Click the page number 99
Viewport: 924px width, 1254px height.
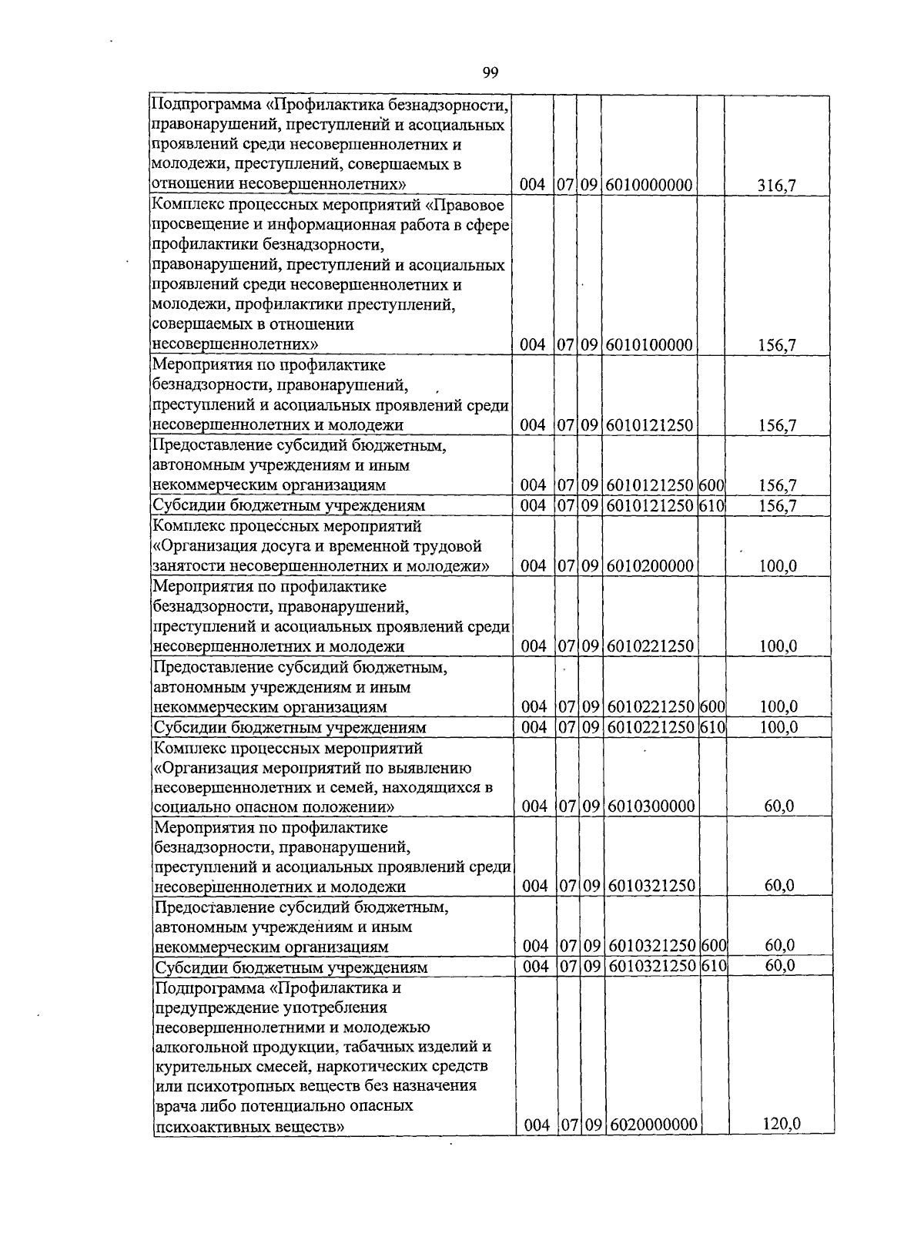[x=490, y=73]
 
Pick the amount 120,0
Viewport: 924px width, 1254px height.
[x=782, y=1124]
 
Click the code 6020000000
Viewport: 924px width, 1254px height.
[x=653, y=1125]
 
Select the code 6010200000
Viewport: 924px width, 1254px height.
[x=650, y=566]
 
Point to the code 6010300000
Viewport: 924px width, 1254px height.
[x=651, y=806]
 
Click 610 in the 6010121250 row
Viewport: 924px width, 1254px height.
[x=713, y=505]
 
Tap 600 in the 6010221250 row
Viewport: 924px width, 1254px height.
[x=714, y=706]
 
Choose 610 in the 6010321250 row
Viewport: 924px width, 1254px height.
[x=715, y=966]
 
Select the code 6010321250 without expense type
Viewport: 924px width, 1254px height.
[x=651, y=886]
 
